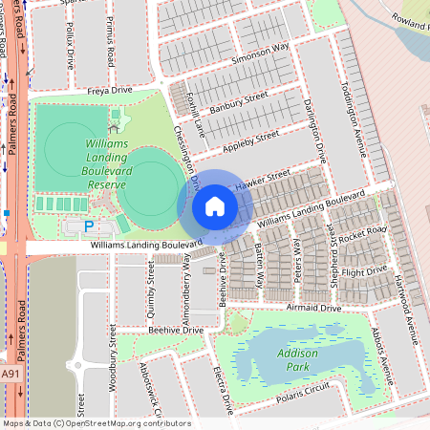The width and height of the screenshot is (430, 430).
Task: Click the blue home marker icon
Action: click(215, 206)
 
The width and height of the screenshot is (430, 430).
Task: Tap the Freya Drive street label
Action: click(109, 91)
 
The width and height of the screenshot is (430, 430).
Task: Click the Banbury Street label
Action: click(237, 106)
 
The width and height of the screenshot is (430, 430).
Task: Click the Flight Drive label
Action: click(364, 272)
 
